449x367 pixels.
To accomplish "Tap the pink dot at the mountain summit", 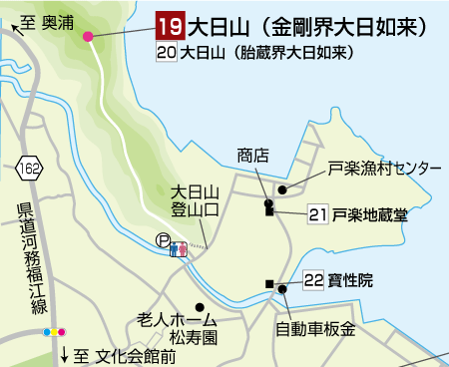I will pos(89,37).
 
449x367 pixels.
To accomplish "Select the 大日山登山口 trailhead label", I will pos(195,199).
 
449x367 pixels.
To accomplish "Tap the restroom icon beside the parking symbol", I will pos(180,247).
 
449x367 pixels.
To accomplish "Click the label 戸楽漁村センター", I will pos(384,169).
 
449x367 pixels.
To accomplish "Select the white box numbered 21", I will pos(318,213).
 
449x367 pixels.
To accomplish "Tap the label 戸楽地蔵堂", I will pos(370,213).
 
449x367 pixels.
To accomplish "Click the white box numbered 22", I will pos(312,281).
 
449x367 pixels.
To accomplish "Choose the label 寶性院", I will pos(351,281).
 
